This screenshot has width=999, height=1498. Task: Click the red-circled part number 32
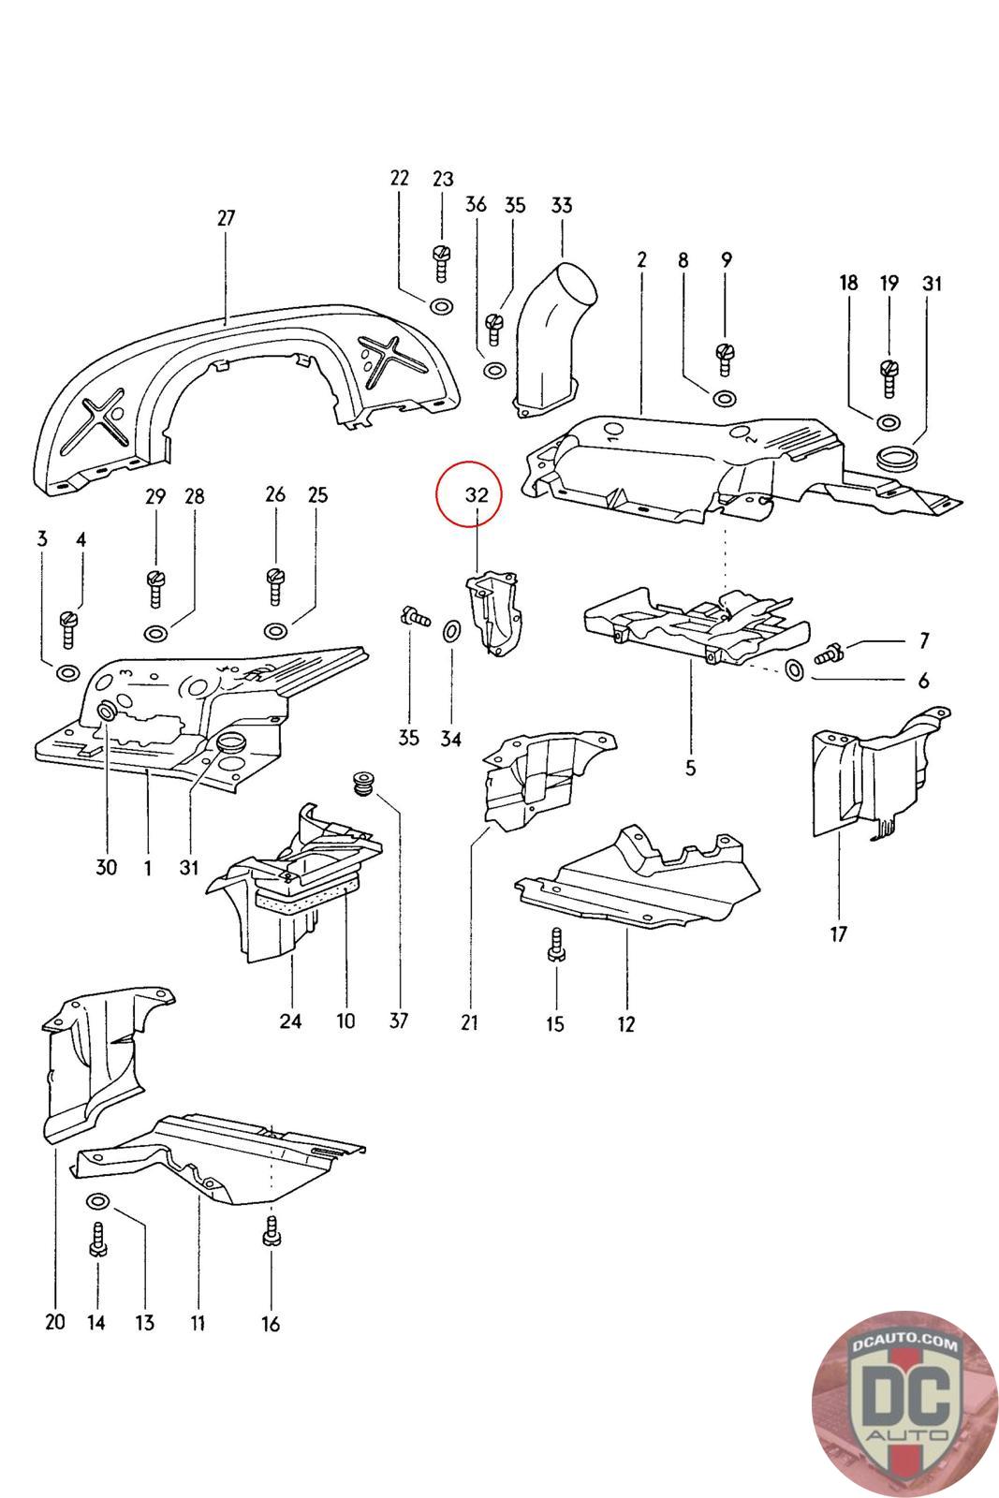[x=477, y=495]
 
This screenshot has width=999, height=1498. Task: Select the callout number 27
[x=226, y=218]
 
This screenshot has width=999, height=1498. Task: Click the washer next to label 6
[x=794, y=670]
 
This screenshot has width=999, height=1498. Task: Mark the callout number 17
[x=838, y=933]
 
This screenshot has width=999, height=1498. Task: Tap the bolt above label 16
[x=271, y=1230]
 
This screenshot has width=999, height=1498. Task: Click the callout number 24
[x=290, y=1020]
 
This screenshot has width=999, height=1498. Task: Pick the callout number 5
[x=691, y=769]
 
